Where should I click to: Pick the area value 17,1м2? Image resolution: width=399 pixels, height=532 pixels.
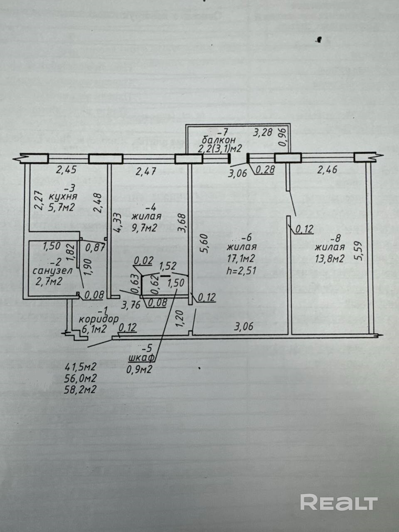242,259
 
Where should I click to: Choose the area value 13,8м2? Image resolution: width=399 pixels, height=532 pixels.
330,259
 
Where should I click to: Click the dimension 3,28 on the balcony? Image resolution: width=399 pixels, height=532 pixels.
263,133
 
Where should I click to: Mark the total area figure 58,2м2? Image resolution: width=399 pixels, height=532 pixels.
81,390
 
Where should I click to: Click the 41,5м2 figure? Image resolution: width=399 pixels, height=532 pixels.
81,367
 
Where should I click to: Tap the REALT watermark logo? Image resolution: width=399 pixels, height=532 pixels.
338,502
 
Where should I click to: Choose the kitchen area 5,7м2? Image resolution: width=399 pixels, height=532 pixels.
61,207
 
